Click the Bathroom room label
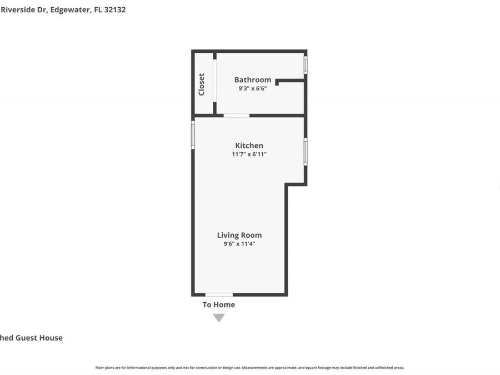[x=253, y=80]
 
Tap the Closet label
[x=202, y=84]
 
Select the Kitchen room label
[x=249, y=146]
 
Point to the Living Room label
[x=239, y=235]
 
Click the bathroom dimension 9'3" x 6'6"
[x=253, y=88]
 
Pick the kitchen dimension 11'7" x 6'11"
[x=249, y=154]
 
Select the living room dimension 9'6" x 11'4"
[x=239, y=244]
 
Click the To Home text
[x=218, y=304]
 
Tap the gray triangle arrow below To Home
[x=219, y=318]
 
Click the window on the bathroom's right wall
[x=305, y=64]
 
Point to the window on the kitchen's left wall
[x=193, y=135]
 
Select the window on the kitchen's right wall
[x=305, y=151]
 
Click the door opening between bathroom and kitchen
[x=236, y=116]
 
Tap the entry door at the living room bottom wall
[x=219, y=294]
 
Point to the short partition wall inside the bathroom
[x=290, y=81]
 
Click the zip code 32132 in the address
[x=115, y=9]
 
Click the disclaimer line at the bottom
[x=249, y=368]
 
